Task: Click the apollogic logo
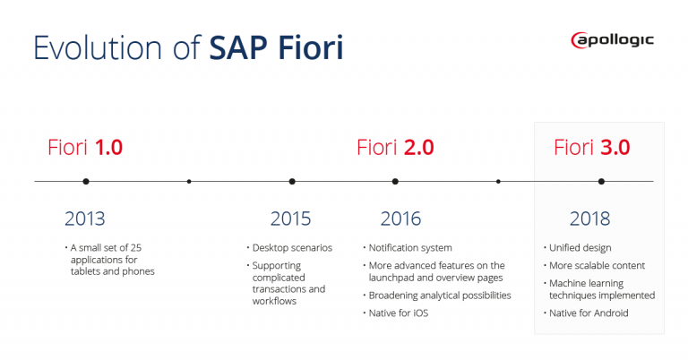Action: tap(612, 39)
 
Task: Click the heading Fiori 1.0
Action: tap(84, 147)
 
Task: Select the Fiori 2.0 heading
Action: tap(395, 147)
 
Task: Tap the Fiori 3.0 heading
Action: tap(591, 147)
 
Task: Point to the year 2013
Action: tap(85, 219)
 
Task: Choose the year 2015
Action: tap(290, 219)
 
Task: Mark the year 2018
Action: tap(589, 219)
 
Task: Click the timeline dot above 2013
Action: tap(86, 181)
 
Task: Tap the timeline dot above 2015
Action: tap(292, 181)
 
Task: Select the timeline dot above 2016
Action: tap(395, 181)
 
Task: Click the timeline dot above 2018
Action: tap(601, 181)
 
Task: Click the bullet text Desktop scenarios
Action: tap(292, 247)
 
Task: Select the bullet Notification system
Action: tap(410, 247)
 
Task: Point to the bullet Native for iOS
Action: tap(400, 313)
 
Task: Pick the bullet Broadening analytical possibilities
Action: tap(439, 296)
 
